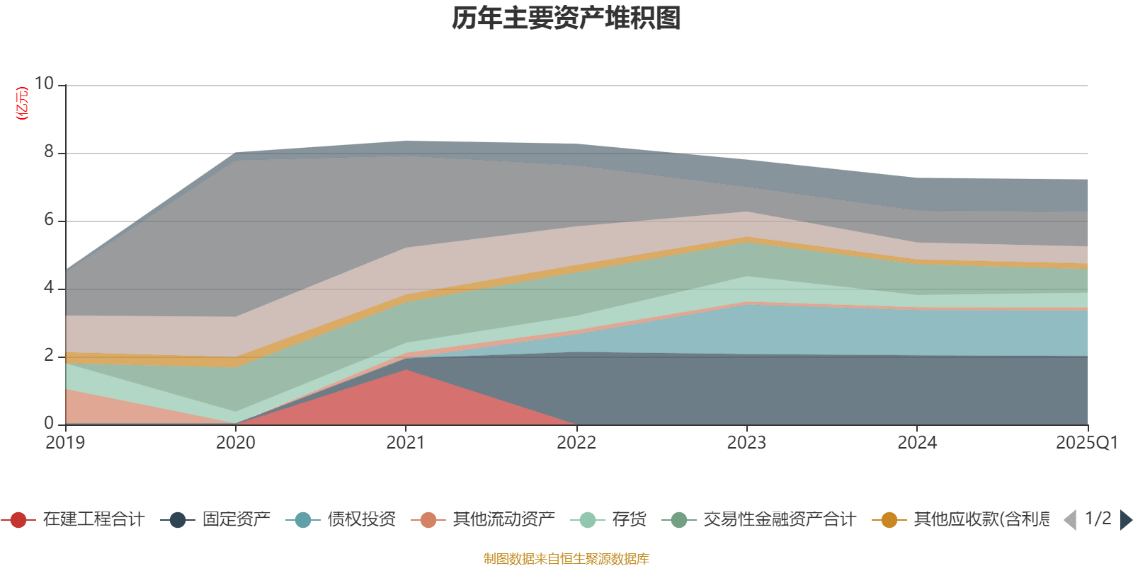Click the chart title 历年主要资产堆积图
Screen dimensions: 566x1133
pyautogui.click(x=566, y=18)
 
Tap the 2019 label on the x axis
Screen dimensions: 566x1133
pyautogui.click(x=65, y=443)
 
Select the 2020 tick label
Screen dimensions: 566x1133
pyautogui.click(x=236, y=443)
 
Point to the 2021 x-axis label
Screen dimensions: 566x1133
pyautogui.click(x=406, y=443)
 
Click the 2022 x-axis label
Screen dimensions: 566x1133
pyautogui.click(x=576, y=443)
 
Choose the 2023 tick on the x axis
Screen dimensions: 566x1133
pyautogui.click(x=746, y=443)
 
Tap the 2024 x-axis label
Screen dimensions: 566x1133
pyautogui.click(x=917, y=443)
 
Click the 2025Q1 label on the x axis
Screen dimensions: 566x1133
pyautogui.click(x=1086, y=443)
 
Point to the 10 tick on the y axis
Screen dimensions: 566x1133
pyautogui.click(x=44, y=84)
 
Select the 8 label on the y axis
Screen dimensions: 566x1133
pyautogui.click(x=48, y=152)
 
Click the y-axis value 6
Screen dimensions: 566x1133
pyautogui.click(x=48, y=220)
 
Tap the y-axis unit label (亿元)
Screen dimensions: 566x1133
pyautogui.click(x=22, y=104)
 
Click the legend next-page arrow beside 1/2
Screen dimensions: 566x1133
pyautogui.click(x=1126, y=521)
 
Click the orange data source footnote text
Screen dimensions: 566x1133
pyautogui.click(x=566, y=559)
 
